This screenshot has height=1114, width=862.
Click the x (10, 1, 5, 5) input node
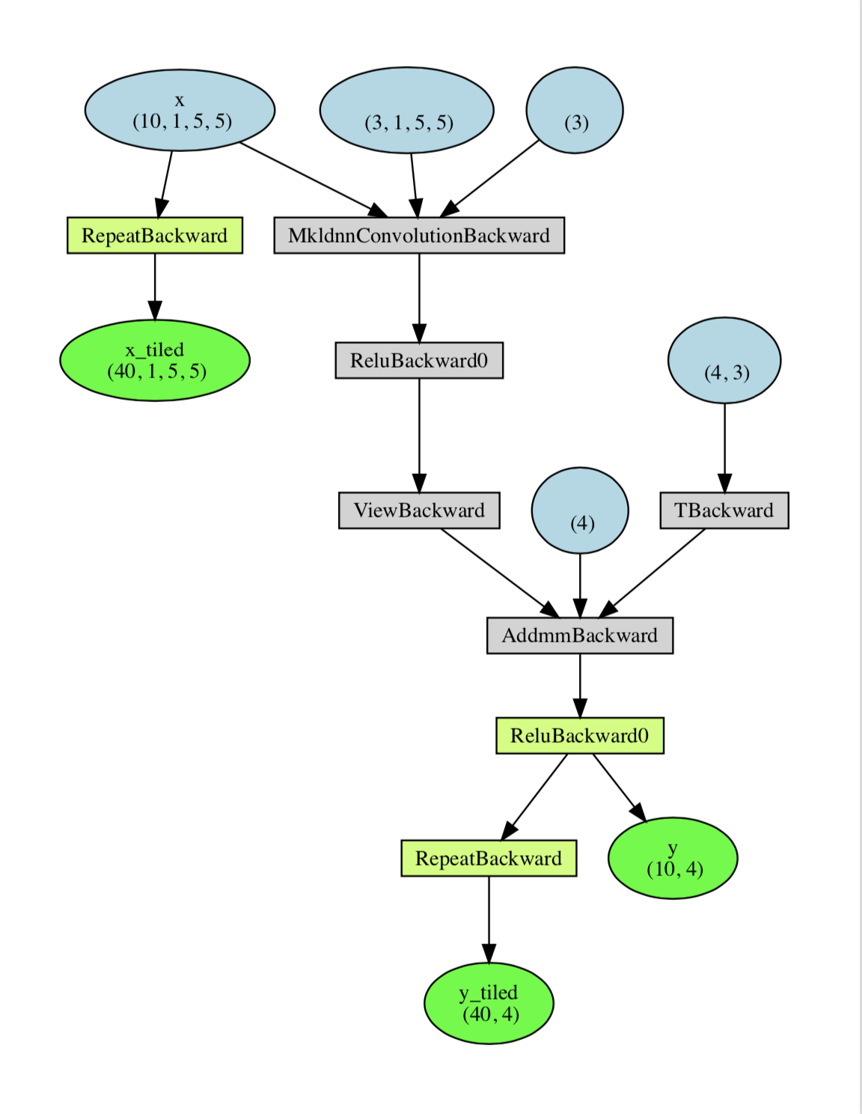pos(180,110)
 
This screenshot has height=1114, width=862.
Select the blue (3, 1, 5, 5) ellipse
pos(406,110)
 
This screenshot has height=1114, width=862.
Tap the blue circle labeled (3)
pos(575,110)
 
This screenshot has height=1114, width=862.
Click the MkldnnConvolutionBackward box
pos(419,236)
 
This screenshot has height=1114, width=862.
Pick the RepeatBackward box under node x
pos(155,236)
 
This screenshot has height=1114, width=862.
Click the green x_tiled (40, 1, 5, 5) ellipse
pos(155,360)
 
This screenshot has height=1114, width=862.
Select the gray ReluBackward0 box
pos(419,361)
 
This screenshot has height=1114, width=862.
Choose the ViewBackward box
pos(419,511)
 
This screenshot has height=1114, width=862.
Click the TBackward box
pos(724,511)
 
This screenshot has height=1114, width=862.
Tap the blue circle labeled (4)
pos(580,511)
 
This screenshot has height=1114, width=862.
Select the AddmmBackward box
pos(580,636)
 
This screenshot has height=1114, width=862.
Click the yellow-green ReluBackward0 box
pos(580,736)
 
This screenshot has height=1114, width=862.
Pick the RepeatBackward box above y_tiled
pos(489,859)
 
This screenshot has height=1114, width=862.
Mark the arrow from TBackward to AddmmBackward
pos(652,573)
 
